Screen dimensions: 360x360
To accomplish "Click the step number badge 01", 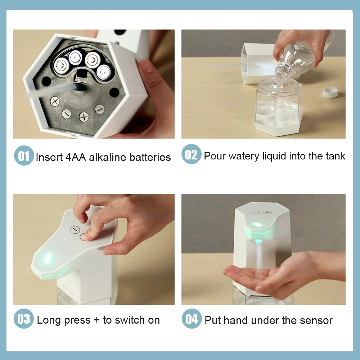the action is point(24,156).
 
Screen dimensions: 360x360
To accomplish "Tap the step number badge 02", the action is point(192,154).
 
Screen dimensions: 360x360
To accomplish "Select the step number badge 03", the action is point(24,319).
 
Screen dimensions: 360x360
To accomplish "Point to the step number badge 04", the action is point(192,319).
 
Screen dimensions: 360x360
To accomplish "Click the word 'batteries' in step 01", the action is point(150,157).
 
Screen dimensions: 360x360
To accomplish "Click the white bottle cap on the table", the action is point(330,92).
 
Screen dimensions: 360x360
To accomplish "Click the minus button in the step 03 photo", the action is point(75,230).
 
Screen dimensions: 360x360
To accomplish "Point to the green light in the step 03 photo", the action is point(48,258).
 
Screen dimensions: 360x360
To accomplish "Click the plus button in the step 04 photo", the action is point(267,212).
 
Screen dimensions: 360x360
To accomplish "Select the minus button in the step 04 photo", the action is point(256,212).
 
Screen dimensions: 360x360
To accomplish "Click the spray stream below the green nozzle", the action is point(259,256).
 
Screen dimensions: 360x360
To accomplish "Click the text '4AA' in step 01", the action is point(76,157).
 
